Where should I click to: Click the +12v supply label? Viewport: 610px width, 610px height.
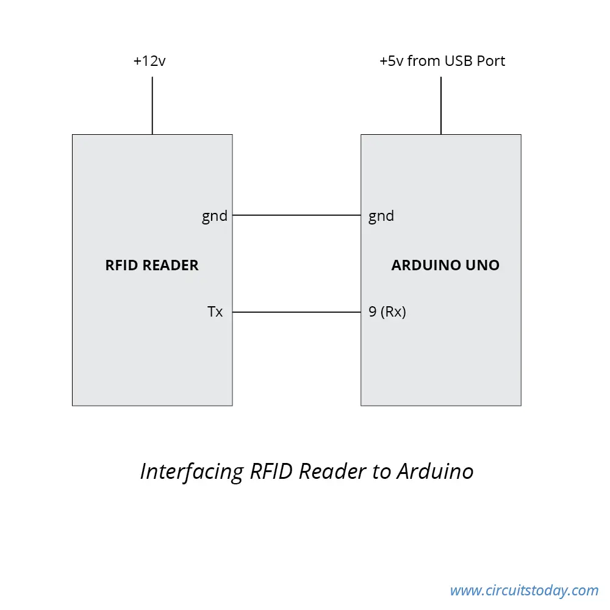pyautogui.click(x=149, y=60)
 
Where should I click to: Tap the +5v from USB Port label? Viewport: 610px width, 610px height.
pyautogui.click(x=442, y=60)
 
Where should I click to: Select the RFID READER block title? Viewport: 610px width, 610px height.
pyautogui.click(x=152, y=265)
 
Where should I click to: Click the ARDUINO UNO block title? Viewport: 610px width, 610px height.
pyautogui.click(x=445, y=265)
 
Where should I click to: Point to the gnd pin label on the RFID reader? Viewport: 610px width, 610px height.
pyautogui.click(x=214, y=216)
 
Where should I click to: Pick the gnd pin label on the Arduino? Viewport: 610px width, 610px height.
pyautogui.click(x=381, y=216)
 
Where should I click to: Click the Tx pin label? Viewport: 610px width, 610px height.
pyautogui.click(x=215, y=312)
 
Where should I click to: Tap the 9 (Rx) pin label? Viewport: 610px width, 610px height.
pyautogui.click(x=387, y=312)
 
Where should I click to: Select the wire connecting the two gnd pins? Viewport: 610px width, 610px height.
pyautogui.click(x=296, y=215)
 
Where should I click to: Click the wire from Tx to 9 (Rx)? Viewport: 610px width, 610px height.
pyautogui.click(x=296, y=312)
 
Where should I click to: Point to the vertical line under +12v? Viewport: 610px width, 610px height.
pyautogui.click(x=152, y=106)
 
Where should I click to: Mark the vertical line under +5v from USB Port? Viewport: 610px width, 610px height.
pyautogui.click(x=441, y=106)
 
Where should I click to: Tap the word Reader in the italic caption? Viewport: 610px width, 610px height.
pyautogui.click(x=332, y=471)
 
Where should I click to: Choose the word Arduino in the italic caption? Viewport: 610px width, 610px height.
pyautogui.click(x=435, y=471)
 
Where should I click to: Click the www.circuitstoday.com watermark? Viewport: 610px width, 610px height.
pyautogui.click(x=524, y=590)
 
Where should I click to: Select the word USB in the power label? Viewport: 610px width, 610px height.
pyautogui.click(x=458, y=60)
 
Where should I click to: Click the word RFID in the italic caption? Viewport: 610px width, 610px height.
pyautogui.click(x=271, y=471)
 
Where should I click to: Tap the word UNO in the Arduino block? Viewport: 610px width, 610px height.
pyautogui.click(x=483, y=265)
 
